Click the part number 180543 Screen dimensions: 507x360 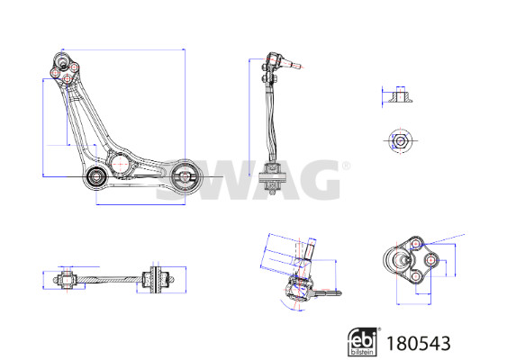[419, 343]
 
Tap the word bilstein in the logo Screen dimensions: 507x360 [362, 352]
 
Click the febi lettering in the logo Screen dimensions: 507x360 [363, 338]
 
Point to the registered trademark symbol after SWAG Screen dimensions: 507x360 [346, 166]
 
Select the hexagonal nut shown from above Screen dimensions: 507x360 [401, 141]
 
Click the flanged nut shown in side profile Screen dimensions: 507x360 [401, 94]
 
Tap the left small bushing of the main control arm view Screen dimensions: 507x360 [96, 176]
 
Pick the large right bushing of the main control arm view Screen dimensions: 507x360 [185, 176]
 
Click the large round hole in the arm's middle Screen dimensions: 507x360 [120, 164]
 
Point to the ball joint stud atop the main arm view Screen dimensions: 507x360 [62, 61]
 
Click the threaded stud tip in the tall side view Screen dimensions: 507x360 [298, 66]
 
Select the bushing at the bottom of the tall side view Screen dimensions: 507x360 [273, 177]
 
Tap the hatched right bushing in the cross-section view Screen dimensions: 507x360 [156, 280]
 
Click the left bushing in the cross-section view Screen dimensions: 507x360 [67, 280]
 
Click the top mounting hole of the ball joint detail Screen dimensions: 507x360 [416, 243]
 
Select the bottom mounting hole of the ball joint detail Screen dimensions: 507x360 [416, 276]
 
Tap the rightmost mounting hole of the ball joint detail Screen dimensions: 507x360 [430, 260]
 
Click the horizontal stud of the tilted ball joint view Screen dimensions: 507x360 [327, 293]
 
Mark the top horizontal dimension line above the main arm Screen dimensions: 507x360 [123, 49]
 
